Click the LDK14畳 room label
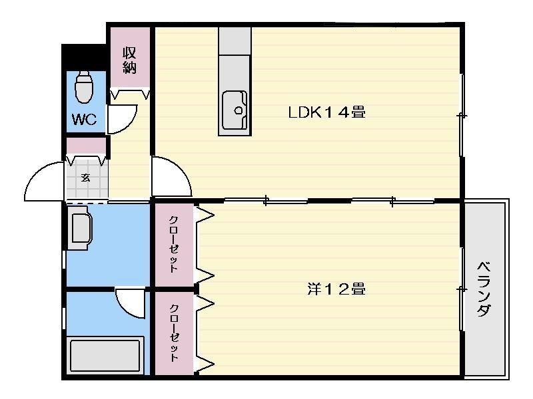[x=326, y=112]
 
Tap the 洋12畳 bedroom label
[x=336, y=289]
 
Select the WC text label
[x=85, y=120]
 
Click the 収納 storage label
[x=129, y=61]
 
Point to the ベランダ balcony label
[x=484, y=289]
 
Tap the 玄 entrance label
[x=85, y=178]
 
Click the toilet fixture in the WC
[x=84, y=87]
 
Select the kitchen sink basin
[x=235, y=110]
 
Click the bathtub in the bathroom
[x=105, y=356]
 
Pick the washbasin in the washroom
[x=79, y=228]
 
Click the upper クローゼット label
[x=174, y=244]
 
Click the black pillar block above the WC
[x=84, y=57]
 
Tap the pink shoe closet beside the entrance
[x=86, y=146]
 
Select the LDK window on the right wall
[x=462, y=115]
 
